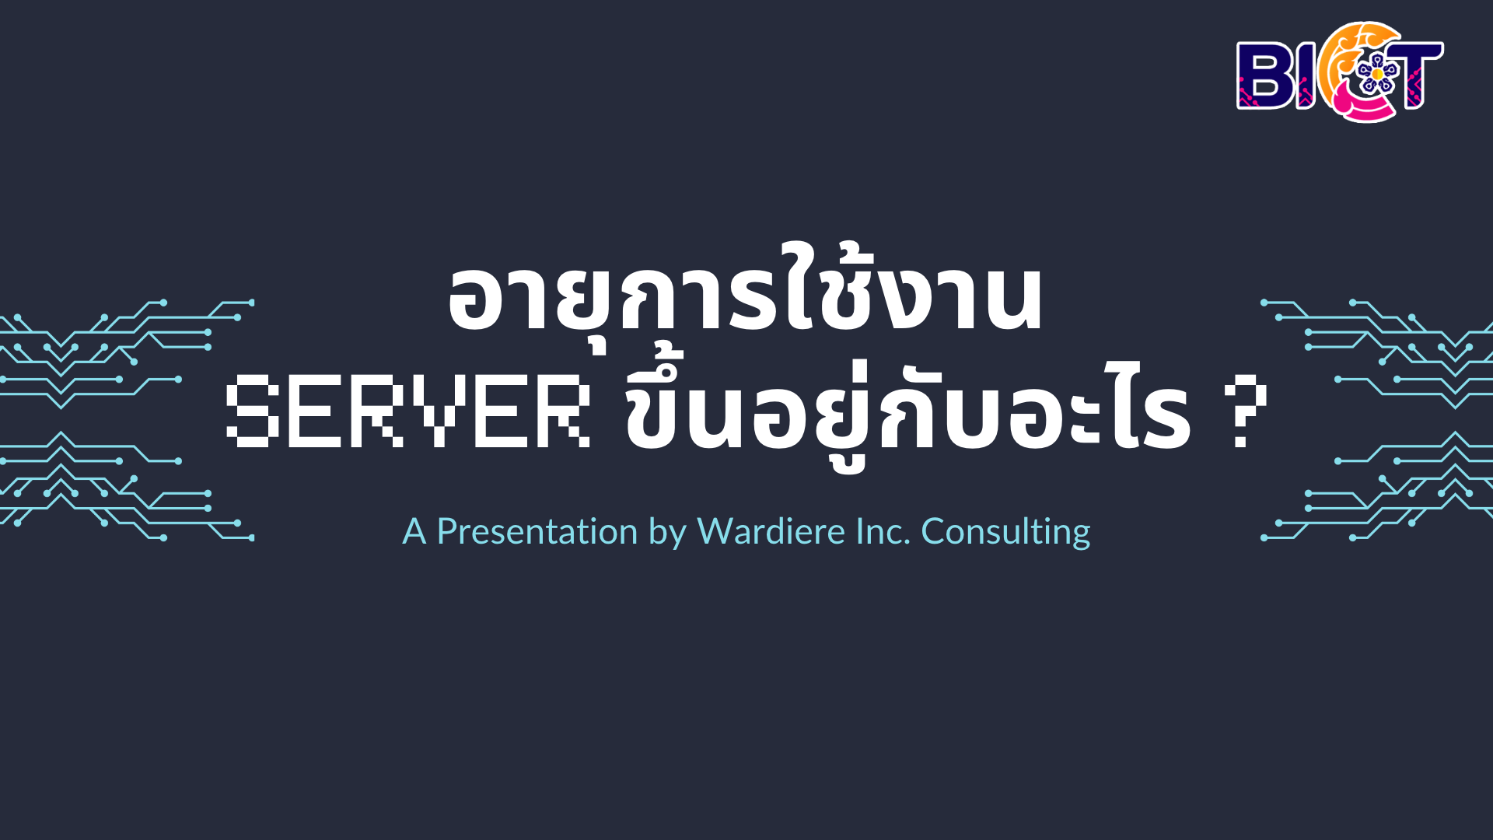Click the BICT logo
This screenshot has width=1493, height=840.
coord(1340,72)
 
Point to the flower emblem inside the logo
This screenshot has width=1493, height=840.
coord(1377,73)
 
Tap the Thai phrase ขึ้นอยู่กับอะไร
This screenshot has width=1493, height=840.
coord(908,408)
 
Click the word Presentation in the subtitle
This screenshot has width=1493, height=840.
coord(537,531)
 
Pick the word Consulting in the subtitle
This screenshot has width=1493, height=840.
coord(1005,533)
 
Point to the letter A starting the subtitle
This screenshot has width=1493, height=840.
coord(414,532)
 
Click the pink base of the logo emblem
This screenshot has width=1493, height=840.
coord(1359,107)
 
